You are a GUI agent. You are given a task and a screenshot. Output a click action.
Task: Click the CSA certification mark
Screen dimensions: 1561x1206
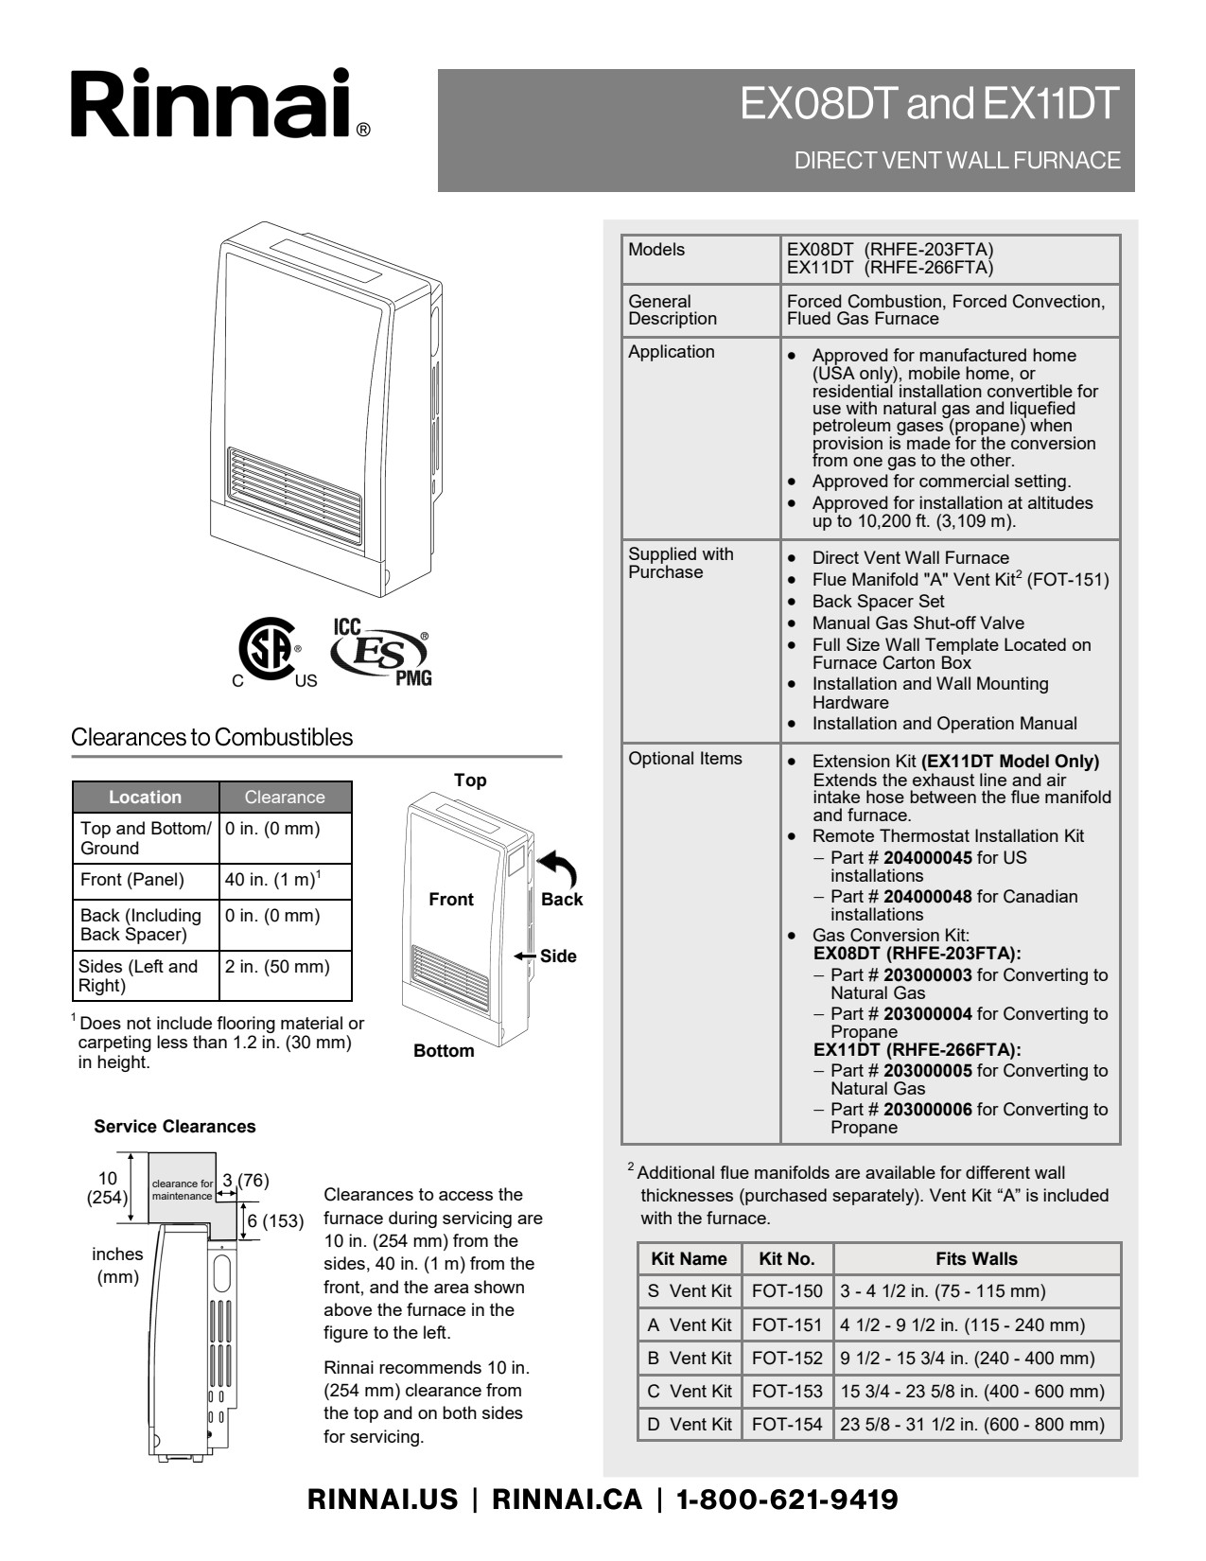269,651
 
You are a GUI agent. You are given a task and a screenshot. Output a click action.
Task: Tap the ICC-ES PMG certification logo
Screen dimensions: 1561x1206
380,651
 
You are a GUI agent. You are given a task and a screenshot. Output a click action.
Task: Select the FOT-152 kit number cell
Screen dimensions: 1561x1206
787,1358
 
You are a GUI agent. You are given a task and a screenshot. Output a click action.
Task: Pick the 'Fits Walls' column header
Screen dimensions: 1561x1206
976,1258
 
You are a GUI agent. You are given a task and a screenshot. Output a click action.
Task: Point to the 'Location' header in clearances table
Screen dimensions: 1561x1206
145,797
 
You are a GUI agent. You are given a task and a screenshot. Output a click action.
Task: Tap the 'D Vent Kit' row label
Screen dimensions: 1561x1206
690,1424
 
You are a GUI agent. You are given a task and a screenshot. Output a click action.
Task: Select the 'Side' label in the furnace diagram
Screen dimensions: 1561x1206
558,956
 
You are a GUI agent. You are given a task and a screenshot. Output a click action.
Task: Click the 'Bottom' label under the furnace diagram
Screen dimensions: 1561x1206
444,1050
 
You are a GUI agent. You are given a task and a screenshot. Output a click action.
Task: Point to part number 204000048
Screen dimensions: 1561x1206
927,896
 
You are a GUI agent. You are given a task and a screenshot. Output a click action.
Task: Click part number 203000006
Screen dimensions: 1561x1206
927,1109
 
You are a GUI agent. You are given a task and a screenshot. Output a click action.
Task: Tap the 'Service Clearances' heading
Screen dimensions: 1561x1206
174,1126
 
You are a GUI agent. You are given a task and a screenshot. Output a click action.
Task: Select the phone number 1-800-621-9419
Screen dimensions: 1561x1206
787,1500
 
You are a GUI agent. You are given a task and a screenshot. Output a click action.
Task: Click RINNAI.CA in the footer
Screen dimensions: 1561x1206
567,1500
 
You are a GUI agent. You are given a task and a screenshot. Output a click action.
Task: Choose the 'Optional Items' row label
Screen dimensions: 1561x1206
685,759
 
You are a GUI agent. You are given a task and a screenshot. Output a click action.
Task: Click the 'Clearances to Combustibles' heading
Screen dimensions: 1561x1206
212,737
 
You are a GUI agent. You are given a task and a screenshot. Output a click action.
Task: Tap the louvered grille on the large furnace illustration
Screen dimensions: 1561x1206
293,495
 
